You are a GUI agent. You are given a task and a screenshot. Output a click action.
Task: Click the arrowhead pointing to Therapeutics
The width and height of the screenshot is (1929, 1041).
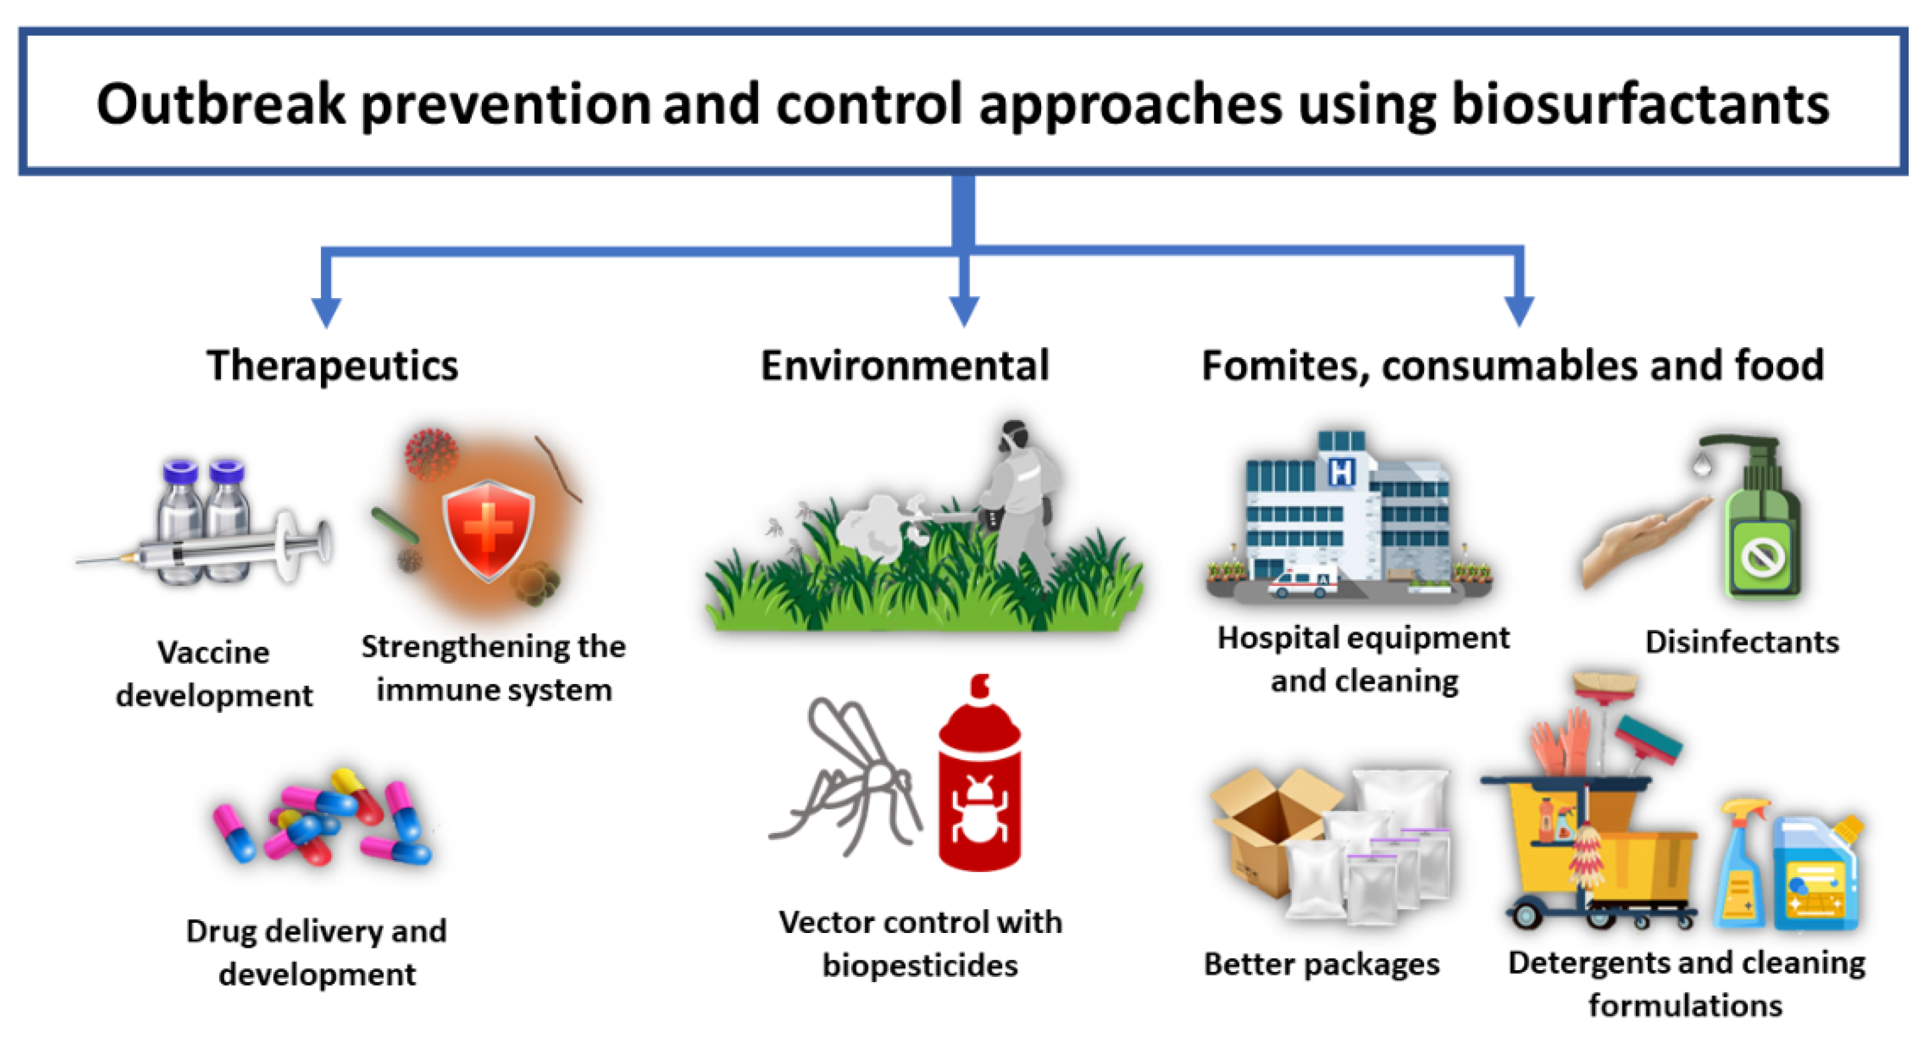click(327, 311)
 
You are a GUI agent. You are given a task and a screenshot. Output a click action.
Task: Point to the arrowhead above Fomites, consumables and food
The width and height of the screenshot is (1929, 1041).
click(1519, 311)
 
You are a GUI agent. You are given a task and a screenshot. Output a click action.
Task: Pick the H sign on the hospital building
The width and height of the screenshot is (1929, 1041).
click(1341, 472)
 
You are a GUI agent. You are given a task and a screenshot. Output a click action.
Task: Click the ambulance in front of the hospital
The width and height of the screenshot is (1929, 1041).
click(1302, 583)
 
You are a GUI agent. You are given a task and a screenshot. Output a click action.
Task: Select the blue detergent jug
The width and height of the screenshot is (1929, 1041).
click(1817, 873)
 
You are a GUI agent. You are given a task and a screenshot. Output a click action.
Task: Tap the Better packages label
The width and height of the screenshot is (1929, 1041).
click(1322, 965)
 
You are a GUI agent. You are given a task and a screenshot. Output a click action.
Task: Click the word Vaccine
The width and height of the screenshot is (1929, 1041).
click(214, 653)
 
